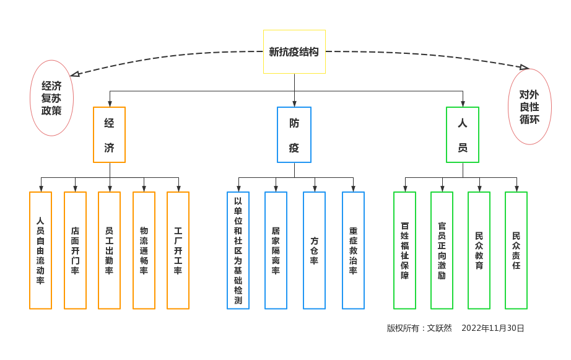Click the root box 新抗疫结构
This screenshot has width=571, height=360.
tap(294, 51)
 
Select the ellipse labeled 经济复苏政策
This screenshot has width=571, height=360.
tap(52, 98)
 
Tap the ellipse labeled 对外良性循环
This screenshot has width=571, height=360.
tap(530, 107)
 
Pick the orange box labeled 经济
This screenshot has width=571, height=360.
tap(109, 134)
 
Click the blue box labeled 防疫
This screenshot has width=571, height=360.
tap(294, 134)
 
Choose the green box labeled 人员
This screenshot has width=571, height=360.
tap(463, 134)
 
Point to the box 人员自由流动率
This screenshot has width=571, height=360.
tap(40, 250)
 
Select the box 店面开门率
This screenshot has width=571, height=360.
tap(75, 250)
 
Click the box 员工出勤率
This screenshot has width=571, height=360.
tap(109, 250)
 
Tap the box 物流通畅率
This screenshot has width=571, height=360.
tap(144, 250)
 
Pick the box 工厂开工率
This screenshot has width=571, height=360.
tap(178, 250)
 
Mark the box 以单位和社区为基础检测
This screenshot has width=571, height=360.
tap(238, 250)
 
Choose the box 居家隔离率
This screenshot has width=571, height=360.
tap(276, 250)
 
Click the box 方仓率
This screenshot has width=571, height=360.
tap(314, 250)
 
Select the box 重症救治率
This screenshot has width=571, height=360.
tap(353, 250)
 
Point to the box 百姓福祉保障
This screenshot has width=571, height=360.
tap(404, 250)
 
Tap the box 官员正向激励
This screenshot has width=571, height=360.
tap(442, 250)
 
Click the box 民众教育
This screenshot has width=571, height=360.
tap(479, 250)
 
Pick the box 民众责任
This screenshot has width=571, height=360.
tap(516, 250)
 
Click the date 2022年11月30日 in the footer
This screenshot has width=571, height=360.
tap(493, 328)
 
